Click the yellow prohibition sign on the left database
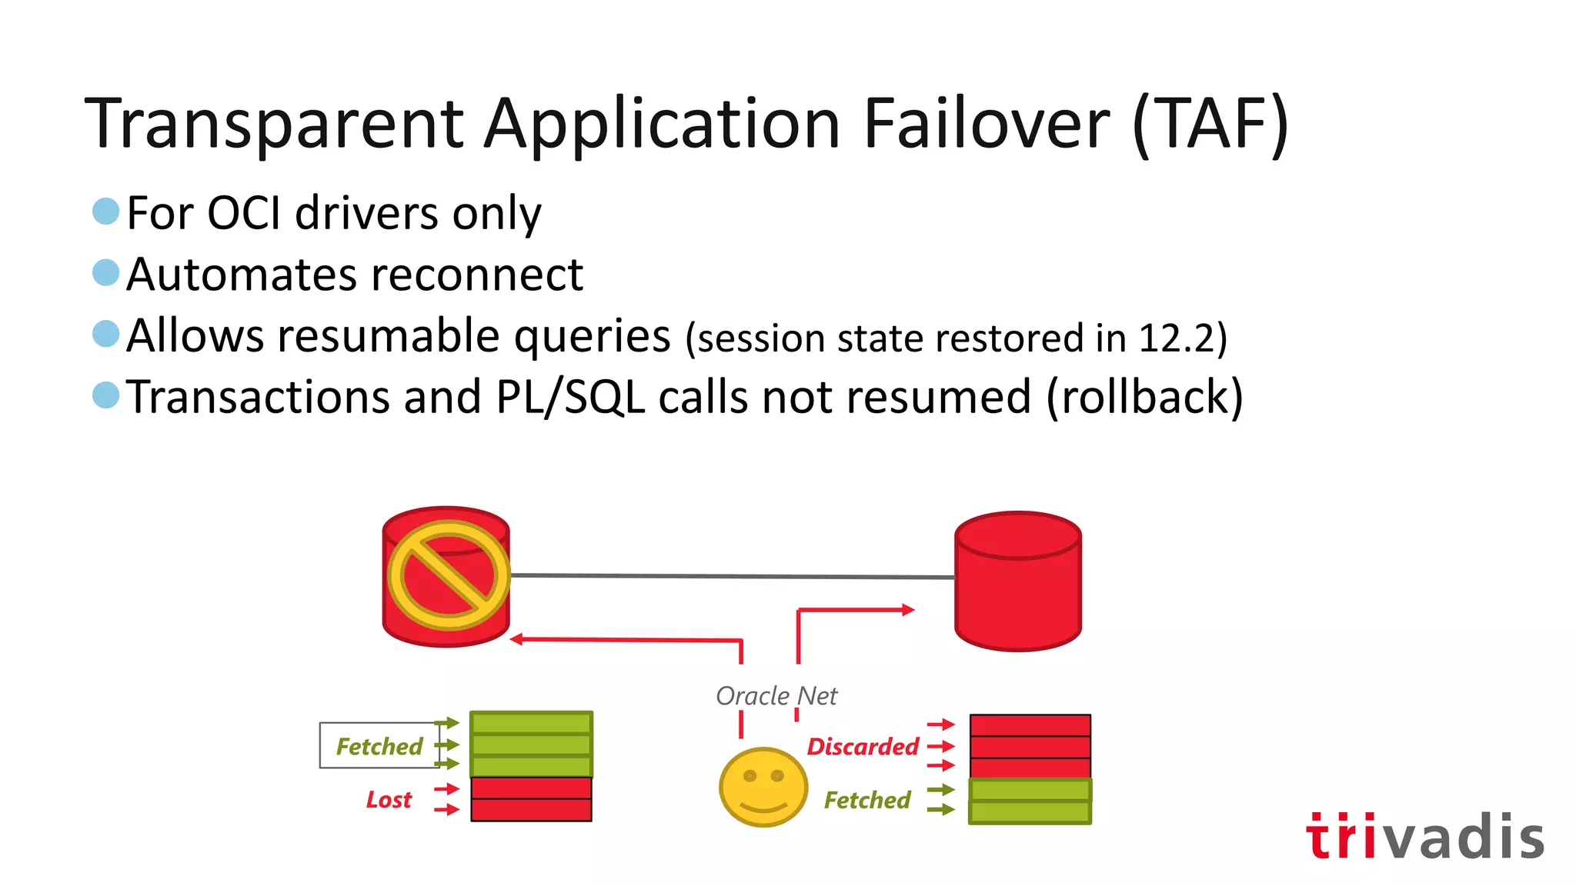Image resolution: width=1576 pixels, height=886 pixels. pyautogui.click(x=448, y=575)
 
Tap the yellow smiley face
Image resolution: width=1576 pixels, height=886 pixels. pyautogui.click(x=763, y=787)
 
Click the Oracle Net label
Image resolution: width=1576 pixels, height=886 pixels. pyautogui.click(x=776, y=695)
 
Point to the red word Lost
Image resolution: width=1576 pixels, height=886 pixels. pyautogui.click(x=389, y=800)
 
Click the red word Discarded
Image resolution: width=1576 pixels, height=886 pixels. pyautogui.click(x=863, y=746)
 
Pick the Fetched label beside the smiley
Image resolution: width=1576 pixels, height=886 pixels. pyautogui.click(x=867, y=800)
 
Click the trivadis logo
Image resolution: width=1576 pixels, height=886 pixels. pyautogui.click(x=1424, y=836)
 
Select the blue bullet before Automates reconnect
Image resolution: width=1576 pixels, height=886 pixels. pyautogui.click(x=105, y=272)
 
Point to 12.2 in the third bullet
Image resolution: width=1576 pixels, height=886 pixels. pyautogui.click(x=1176, y=338)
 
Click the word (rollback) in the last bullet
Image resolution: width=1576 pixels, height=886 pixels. pyautogui.click(x=1144, y=397)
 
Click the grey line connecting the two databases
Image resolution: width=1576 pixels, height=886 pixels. pyautogui.click(x=731, y=576)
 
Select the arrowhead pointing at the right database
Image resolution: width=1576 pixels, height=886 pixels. pyautogui.click(x=908, y=610)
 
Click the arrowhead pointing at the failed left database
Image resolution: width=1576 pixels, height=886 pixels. pyautogui.click(x=517, y=639)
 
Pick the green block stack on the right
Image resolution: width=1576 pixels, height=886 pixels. pyautogui.click(x=1030, y=801)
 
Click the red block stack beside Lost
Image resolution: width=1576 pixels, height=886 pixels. pyautogui.click(x=531, y=799)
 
